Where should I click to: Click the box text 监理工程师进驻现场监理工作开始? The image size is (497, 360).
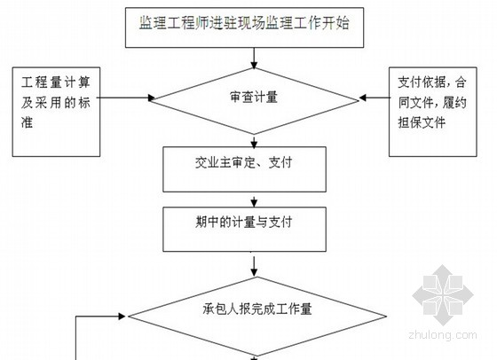[x=244, y=23]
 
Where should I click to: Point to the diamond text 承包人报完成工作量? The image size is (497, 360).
[x=257, y=309]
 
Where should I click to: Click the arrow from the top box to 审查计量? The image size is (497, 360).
[x=254, y=59]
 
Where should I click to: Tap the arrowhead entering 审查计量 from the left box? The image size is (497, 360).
[x=152, y=98]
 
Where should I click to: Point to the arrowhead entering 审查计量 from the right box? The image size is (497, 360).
[x=363, y=98]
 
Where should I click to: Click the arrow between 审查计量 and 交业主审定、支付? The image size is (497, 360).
[x=254, y=141]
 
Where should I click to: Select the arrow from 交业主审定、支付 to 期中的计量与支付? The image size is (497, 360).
[x=254, y=200]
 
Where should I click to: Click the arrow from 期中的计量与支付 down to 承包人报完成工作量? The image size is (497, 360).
[x=254, y=267]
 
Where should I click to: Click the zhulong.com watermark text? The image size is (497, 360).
[x=443, y=335]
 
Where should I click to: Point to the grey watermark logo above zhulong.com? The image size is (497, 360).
[x=443, y=295]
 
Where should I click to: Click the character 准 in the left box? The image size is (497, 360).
[x=28, y=122]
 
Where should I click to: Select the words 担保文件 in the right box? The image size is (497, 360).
[x=422, y=122]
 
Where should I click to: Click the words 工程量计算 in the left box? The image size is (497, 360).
[x=56, y=82]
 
